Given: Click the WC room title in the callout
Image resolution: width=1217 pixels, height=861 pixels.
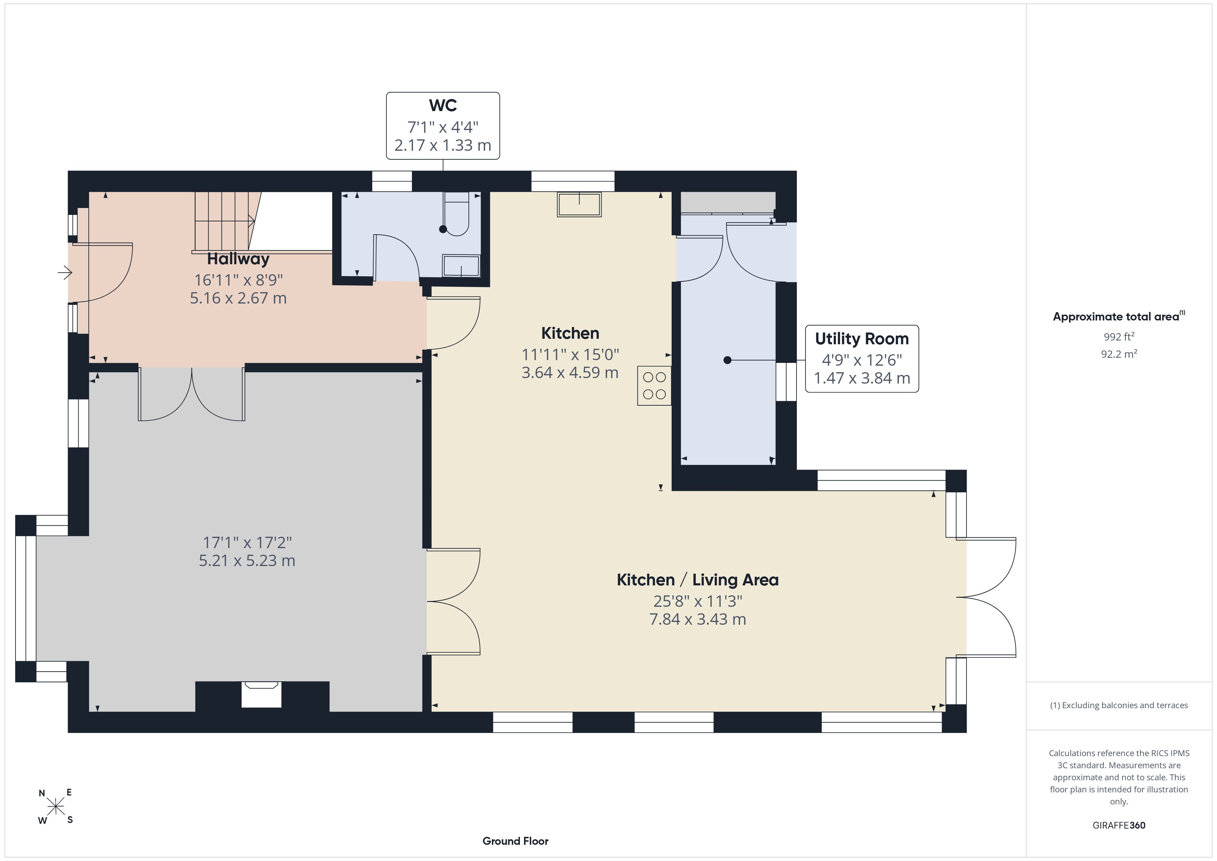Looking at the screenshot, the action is coord(443,106).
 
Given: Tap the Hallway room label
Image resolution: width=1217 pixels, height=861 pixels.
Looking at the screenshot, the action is coord(238,259).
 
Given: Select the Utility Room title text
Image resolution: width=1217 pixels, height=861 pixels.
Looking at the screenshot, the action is coord(861,338).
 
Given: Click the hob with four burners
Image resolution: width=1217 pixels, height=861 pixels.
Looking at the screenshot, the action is coord(654,386).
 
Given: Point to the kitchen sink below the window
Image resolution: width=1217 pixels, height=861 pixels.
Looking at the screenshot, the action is coord(579,204).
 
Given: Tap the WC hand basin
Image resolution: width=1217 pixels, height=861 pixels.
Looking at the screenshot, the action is coord(461,266).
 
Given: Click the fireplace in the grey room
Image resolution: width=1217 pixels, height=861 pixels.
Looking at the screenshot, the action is coord(261,694).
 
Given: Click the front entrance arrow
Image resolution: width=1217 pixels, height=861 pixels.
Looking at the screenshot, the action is coord(65,273).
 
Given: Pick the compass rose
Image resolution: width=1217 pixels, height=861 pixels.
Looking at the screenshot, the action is coord(56,807).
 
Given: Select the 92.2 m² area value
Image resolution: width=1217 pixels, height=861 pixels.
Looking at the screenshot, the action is coord(1119,354).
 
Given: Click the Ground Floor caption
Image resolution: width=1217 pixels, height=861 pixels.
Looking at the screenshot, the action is coord(515,841).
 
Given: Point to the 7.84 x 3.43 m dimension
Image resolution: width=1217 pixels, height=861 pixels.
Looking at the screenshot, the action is coord(697,619).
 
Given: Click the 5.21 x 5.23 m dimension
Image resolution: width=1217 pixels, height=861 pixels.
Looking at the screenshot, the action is coord(247,561).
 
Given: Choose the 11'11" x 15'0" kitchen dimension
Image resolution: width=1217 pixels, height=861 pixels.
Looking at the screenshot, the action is coord(570,354).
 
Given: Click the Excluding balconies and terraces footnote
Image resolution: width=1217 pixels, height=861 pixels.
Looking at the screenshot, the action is coord(1119,705).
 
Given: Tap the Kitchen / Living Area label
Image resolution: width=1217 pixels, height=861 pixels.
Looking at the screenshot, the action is coord(697,580).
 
